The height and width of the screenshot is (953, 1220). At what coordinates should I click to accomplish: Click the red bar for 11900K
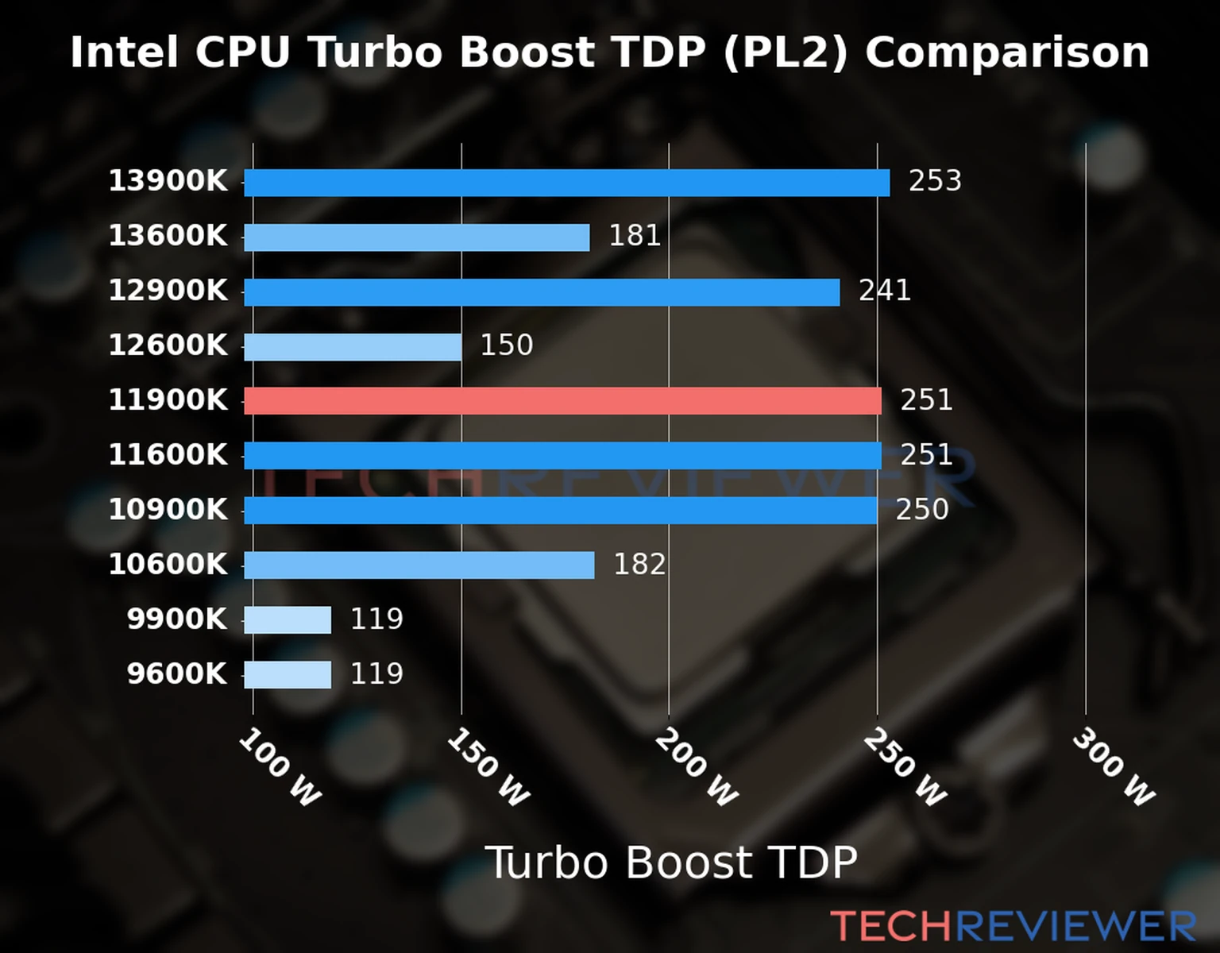[562, 401]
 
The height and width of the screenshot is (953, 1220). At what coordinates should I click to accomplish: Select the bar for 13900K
[566, 183]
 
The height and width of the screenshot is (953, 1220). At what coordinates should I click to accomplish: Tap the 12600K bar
[353, 347]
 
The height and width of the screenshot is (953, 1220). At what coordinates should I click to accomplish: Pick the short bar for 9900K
[288, 620]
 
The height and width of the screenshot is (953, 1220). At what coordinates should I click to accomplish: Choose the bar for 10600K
[419, 565]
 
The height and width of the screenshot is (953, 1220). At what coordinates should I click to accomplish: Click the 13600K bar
[416, 237]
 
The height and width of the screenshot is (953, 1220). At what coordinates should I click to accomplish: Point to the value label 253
[935, 181]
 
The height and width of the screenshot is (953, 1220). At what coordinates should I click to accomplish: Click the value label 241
[885, 291]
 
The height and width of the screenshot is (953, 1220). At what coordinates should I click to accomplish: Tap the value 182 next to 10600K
[639, 565]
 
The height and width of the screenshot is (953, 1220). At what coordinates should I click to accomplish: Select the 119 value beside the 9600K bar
[376, 674]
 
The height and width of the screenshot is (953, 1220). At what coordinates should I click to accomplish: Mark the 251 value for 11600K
[926, 455]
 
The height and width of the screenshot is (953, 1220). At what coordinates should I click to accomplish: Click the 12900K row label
[168, 291]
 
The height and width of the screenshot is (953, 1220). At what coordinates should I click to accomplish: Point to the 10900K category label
[168, 510]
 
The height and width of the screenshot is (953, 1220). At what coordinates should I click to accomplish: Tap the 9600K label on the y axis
[176, 674]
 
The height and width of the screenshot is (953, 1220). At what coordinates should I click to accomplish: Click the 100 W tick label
[280, 768]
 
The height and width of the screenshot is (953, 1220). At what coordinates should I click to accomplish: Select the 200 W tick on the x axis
[697, 768]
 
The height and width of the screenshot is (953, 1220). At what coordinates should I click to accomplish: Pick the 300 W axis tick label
[1113, 768]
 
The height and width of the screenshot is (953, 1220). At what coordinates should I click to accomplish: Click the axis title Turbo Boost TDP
[671, 862]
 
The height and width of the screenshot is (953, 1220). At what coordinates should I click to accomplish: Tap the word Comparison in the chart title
[1007, 52]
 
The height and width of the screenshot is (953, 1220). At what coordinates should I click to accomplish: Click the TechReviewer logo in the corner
[1013, 927]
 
